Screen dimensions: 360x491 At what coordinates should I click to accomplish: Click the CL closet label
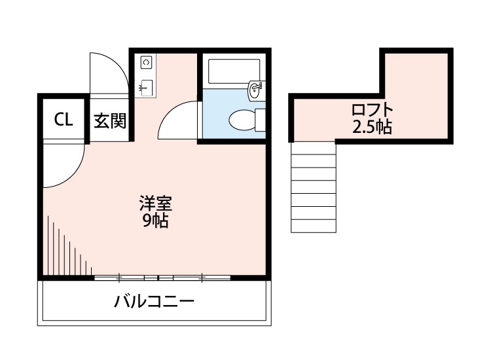tap(63, 120)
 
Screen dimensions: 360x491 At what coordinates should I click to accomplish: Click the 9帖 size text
tap(156, 221)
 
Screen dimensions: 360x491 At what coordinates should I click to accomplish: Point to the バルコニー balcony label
tap(154, 302)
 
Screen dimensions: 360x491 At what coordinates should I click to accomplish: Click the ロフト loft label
tap(373, 109)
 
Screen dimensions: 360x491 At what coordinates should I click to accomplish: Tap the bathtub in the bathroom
tap(233, 71)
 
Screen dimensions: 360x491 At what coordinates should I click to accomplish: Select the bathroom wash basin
tap(256, 91)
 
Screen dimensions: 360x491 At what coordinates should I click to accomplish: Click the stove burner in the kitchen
tap(146, 63)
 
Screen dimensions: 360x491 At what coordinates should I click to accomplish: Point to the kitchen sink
tap(145, 87)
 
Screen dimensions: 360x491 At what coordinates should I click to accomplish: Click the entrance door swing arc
tap(108, 72)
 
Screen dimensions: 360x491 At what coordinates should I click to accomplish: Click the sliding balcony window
tap(162, 278)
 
